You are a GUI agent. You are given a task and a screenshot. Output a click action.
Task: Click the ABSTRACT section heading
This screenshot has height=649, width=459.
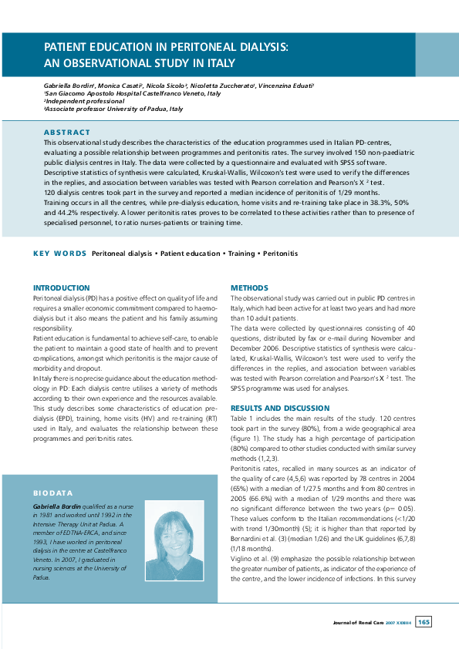(67, 133)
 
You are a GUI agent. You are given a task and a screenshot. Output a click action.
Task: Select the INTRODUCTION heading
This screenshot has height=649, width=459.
(66, 288)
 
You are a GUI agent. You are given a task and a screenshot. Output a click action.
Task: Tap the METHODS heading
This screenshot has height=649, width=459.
(250, 288)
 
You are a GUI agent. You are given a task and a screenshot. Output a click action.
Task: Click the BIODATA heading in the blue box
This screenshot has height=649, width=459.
(52, 491)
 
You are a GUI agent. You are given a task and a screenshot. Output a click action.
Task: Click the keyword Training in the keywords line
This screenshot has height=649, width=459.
(241, 253)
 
